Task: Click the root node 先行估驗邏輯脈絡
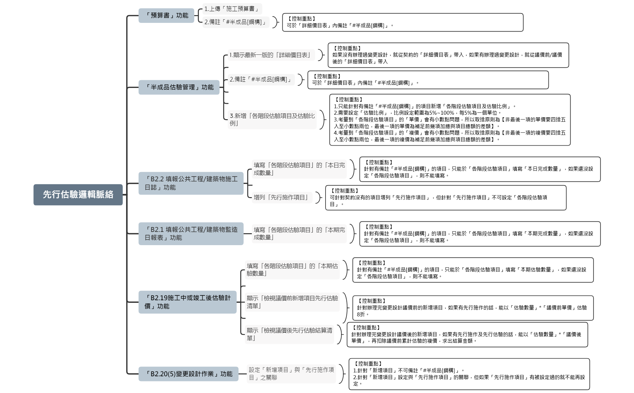[78, 195]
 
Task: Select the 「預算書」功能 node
[166, 15]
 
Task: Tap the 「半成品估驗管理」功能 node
[179, 87]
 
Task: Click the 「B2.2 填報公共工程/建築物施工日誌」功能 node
[191, 183]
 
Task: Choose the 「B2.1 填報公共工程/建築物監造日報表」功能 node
[191, 234]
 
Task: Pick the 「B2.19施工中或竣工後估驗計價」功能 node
[187, 302]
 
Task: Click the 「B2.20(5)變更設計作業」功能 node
[188, 374]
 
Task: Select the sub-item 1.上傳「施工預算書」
[232, 9]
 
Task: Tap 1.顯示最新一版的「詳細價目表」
[270, 55]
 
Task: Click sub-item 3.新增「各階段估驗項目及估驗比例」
[272, 120]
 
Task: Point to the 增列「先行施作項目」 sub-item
[281, 197]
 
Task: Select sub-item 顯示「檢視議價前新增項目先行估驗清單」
[292, 302]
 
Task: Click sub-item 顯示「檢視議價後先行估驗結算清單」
[289, 334]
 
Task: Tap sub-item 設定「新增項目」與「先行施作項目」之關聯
[291, 374]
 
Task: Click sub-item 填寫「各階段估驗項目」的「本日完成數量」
[299, 169]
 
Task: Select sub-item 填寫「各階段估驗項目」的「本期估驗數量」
[292, 270]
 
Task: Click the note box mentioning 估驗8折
[473, 308]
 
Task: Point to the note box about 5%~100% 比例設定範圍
[449, 120]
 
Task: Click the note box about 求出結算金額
[467, 334]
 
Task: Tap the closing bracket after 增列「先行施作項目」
[318, 197]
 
